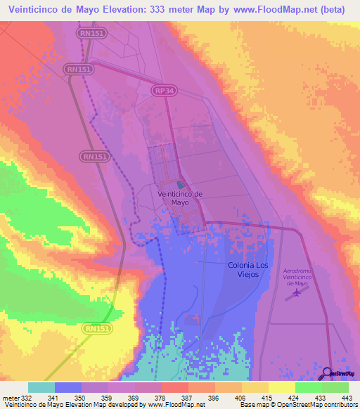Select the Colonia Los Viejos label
[247, 270]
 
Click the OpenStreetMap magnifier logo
[328, 374]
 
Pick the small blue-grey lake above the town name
[179, 186]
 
